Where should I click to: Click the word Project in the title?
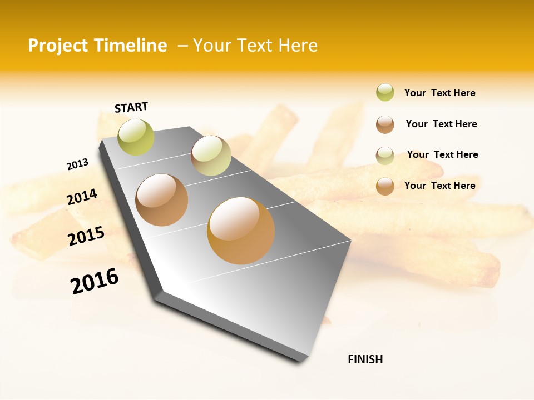tap(58, 46)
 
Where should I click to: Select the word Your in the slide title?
tap(211, 46)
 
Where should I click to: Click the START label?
tap(131, 107)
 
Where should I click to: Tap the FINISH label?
tap(365, 359)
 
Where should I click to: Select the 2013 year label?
tap(77, 164)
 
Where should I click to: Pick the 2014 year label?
tap(82, 197)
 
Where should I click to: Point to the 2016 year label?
tap(95, 281)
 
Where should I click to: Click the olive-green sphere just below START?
tap(136, 137)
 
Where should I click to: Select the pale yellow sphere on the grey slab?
tap(211, 156)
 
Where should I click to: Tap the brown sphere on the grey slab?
tap(162, 200)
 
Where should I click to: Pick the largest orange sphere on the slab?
tap(241, 231)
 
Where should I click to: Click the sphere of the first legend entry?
tap(385, 93)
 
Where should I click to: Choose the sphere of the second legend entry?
tap(385, 124)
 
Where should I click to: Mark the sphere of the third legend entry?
tap(385, 156)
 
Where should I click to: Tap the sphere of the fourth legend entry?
tap(385, 186)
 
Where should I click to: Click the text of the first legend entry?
tap(439, 93)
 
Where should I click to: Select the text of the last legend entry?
tap(439, 186)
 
